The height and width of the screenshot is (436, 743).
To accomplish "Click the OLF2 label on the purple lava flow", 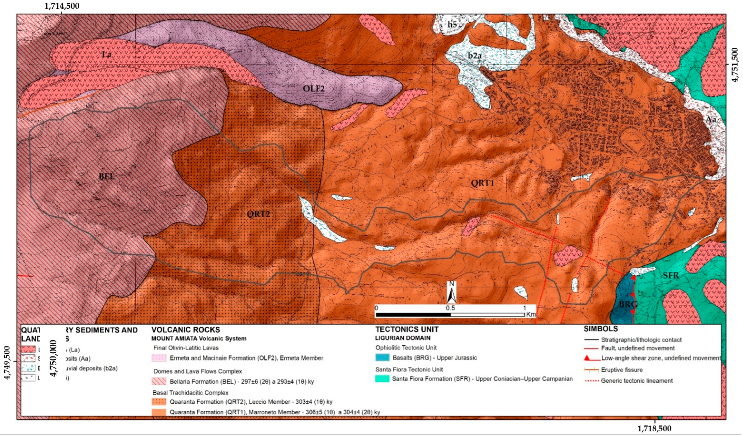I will click(x=314, y=88).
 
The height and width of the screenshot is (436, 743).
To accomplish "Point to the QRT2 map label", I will click(x=258, y=214).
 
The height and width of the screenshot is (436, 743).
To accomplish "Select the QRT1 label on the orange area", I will click(x=482, y=183).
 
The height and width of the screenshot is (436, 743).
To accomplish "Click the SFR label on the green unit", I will click(x=671, y=275).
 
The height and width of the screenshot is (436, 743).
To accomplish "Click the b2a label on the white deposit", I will click(x=474, y=55).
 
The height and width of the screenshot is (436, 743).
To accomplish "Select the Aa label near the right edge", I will click(x=711, y=119).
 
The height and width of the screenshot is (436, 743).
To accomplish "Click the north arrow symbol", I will click(x=451, y=292).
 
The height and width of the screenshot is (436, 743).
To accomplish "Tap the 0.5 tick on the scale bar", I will click(x=450, y=308).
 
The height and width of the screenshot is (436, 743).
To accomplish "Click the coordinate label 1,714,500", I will click(x=62, y=6).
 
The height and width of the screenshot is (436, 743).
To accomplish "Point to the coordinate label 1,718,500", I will click(x=654, y=428).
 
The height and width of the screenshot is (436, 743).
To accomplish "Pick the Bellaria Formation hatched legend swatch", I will click(x=159, y=382).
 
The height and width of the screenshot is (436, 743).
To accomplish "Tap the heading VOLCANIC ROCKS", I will click(x=186, y=330).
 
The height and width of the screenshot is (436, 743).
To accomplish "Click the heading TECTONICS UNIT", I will click(x=407, y=330).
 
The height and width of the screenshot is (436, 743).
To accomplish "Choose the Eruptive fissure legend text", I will click(x=622, y=370).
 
